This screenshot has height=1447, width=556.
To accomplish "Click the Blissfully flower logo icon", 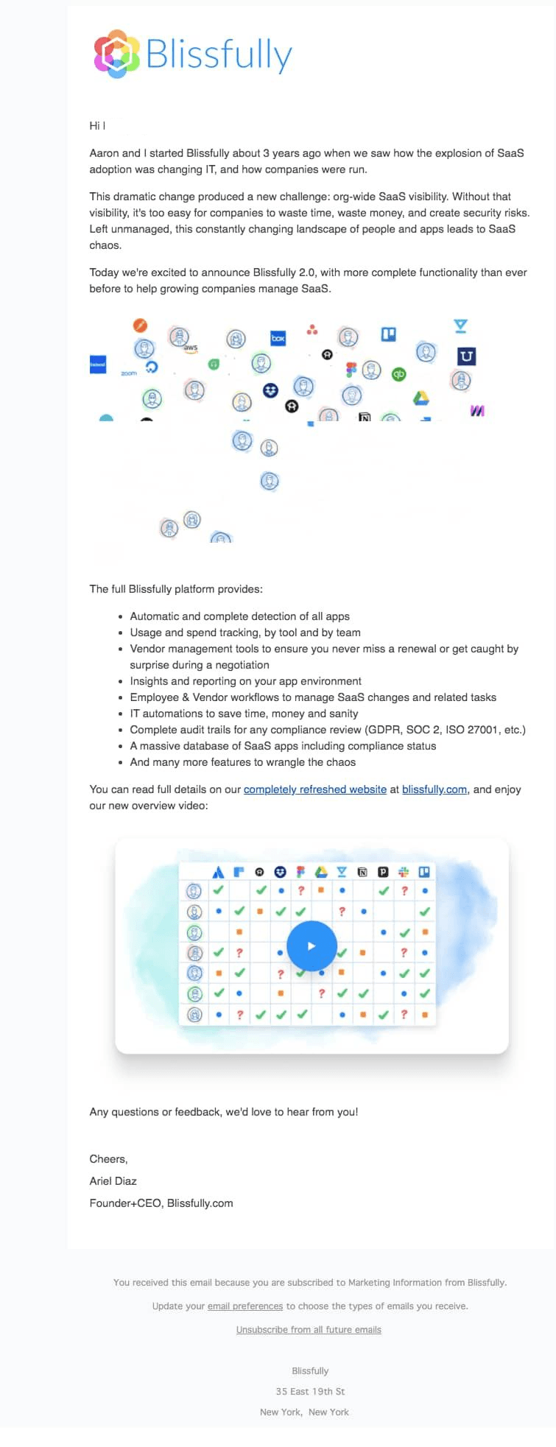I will tap(116, 54).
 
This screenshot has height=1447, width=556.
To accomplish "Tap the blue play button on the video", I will tap(312, 946).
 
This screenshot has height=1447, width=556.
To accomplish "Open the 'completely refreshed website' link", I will tap(315, 789).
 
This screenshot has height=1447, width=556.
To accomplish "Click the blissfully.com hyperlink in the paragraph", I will tap(434, 789).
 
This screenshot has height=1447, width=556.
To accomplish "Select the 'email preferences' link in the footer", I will tap(245, 1306).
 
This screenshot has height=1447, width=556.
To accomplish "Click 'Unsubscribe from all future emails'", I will tap(309, 1329).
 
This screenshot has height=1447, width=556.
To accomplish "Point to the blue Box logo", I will tap(278, 338).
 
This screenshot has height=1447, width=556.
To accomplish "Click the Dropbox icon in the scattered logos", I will tap(270, 390).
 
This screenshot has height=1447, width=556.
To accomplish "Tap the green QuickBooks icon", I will tap(399, 374).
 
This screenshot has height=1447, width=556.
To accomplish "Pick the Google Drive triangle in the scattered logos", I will tap(420, 398).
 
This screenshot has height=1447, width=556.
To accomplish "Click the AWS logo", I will tap(191, 348).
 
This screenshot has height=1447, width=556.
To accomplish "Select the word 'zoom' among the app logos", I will tap(129, 373).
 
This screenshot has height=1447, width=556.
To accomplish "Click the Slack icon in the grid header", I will tap(403, 872).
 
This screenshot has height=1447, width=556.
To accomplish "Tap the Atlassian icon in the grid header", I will tap(218, 872).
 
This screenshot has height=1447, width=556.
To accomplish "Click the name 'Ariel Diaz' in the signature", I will tap(113, 1180).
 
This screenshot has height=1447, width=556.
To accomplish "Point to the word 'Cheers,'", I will tap(109, 1158).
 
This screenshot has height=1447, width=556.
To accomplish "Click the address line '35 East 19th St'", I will tap(310, 1391).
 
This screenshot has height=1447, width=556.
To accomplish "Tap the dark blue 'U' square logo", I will tap(466, 356).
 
